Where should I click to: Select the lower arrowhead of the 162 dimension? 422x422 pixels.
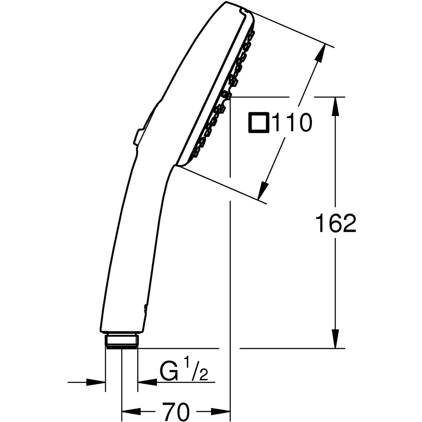point(336,340)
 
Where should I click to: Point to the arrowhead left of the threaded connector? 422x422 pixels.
point(96,382)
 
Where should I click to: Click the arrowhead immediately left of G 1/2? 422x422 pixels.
point(146,382)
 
